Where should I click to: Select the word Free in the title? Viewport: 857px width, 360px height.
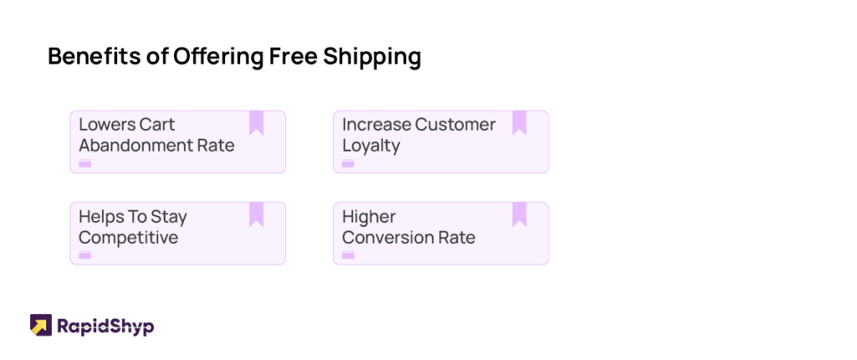pos(292,57)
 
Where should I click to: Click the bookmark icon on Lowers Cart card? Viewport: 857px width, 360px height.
pos(256,122)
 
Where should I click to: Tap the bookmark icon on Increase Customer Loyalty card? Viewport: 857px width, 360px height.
pos(519,122)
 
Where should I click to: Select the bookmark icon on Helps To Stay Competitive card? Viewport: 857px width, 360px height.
pos(256,214)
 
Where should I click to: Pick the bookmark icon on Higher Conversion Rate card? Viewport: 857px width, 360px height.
pos(519,214)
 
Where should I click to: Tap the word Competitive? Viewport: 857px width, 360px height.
pos(128,239)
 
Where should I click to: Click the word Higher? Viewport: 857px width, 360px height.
pos(368,218)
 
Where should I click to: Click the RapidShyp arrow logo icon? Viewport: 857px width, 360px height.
pos(41,325)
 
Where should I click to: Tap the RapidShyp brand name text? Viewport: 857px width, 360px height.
pos(105,327)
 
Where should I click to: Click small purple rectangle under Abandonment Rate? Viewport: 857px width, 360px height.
pos(85,163)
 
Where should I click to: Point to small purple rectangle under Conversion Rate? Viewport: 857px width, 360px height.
pos(348,255)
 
